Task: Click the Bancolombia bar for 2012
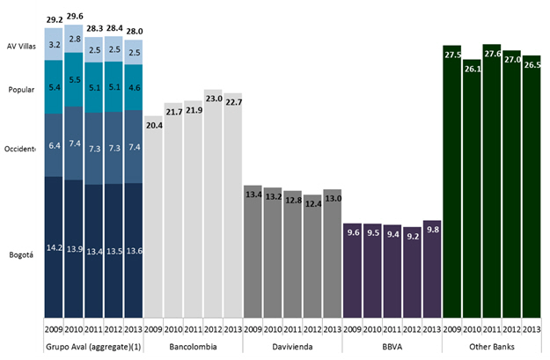[214, 202]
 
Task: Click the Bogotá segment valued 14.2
[55, 246]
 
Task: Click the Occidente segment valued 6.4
[55, 145]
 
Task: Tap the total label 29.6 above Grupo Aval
[74, 16]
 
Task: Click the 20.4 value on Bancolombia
[154, 125]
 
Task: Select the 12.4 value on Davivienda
[312, 204]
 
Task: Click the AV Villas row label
[21, 46]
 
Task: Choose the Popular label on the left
[20, 90]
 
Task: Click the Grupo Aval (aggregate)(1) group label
[93, 346]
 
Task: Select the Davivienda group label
[293, 346]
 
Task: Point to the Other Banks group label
[492, 346]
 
